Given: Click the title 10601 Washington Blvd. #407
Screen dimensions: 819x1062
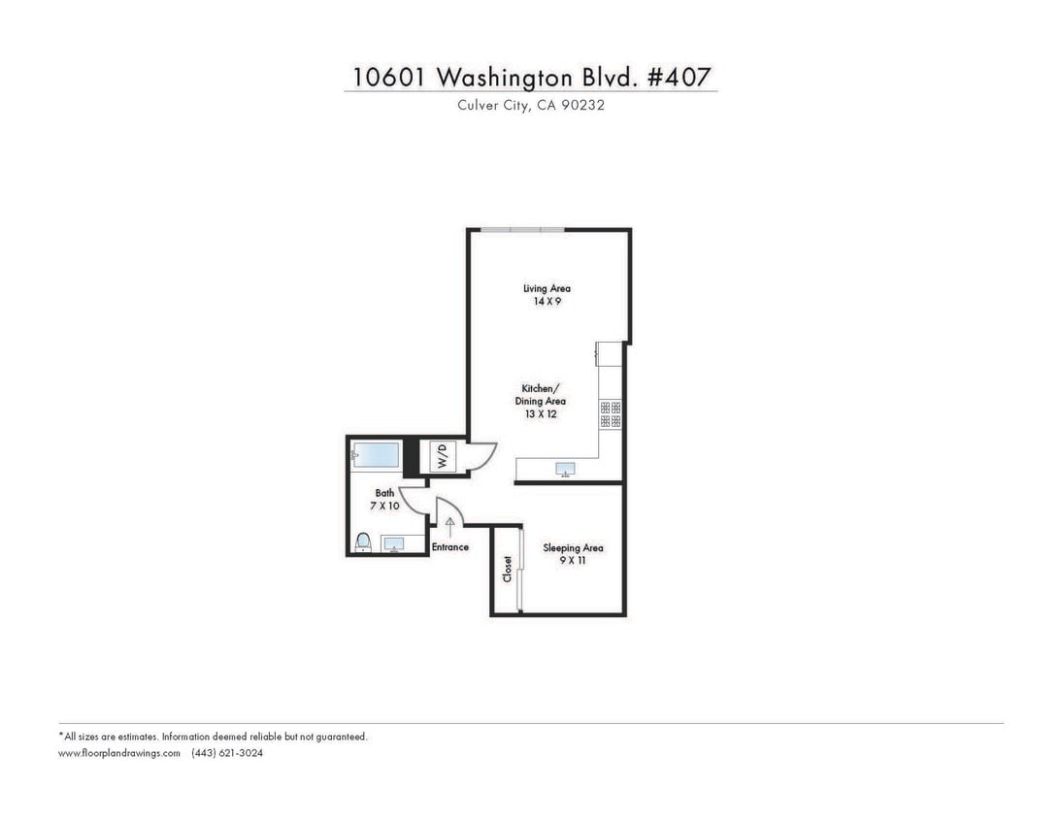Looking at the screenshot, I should pos(531,77).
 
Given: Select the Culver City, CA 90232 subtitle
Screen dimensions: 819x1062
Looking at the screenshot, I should pos(531,105).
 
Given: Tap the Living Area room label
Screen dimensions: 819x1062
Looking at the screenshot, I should pos(547,288).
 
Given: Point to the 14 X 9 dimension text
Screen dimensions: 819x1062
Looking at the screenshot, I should pos(547,302).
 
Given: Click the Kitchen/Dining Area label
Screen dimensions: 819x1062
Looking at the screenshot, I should pos(540,395).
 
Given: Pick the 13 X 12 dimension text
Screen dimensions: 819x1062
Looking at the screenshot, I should pos(540,414).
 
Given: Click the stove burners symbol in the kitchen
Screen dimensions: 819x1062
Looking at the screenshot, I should pos(611,414).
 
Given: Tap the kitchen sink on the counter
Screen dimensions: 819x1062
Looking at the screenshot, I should pos(565,470).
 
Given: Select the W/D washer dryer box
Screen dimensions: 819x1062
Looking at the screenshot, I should pos(442,456).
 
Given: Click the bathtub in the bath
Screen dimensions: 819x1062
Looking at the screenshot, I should pos(376,454).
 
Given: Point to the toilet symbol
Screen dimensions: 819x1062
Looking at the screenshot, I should pos(363,541).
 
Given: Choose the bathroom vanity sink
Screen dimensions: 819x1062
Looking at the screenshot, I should pos(393,543).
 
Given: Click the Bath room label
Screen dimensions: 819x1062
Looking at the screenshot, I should pos(384,493).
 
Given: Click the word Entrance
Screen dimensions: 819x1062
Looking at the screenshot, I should pos(449,547).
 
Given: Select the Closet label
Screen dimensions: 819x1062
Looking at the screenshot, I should pos(507,569).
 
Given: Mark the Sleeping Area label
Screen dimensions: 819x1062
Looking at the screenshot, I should pos(573,547).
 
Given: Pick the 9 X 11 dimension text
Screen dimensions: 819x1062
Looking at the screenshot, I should pos(573,561).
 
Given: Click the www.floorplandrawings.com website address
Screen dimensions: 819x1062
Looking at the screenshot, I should pos(119,753).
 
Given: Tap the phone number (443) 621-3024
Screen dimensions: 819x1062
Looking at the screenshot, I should pos(227,753).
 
